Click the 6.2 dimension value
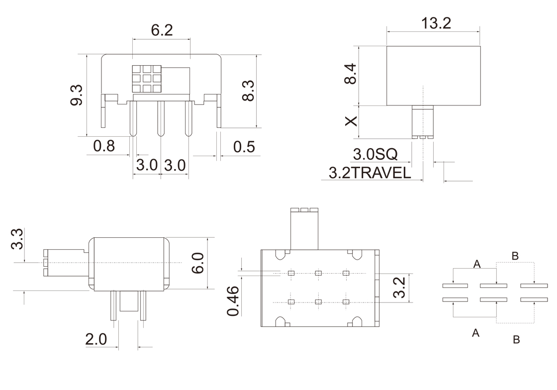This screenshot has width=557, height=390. pyautogui.click(x=162, y=30)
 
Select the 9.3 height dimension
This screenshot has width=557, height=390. pyautogui.click(x=77, y=95)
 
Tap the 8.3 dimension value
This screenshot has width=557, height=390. pyautogui.click(x=248, y=91)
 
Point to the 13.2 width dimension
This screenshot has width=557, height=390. pyautogui.click(x=436, y=23)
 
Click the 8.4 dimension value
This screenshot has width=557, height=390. pyautogui.click(x=350, y=74)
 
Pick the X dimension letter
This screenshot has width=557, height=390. pyautogui.click(x=351, y=121)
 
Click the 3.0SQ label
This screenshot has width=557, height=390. pyautogui.click(x=375, y=154)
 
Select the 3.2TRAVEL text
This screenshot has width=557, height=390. pyautogui.click(x=370, y=173)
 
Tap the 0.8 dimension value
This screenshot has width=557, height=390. pyautogui.click(x=104, y=146)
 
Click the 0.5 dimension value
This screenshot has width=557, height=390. pyautogui.click(x=244, y=147)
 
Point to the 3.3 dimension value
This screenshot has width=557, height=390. pyautogui.click(x=17, y=239)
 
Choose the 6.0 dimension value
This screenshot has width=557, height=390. pyautogui.click(x=197, y=263)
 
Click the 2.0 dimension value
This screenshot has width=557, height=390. pyautogui.click(x=96, y=339)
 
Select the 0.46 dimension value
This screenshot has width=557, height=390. pyautogui.click(x=233, y=301)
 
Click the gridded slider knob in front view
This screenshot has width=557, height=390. pyautogui.click(x=146, y=79)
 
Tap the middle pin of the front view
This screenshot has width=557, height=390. pyautogui.click(x=161, y=118)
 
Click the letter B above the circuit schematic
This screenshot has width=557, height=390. pyautogui.click(x=515, y=256)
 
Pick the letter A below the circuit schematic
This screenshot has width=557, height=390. pyautogui.click(x=475, y=333)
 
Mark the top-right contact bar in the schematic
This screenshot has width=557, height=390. pyautogui.click(x=534, y=286)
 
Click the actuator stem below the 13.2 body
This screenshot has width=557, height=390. pyautogui.click(x=423, y=122)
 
